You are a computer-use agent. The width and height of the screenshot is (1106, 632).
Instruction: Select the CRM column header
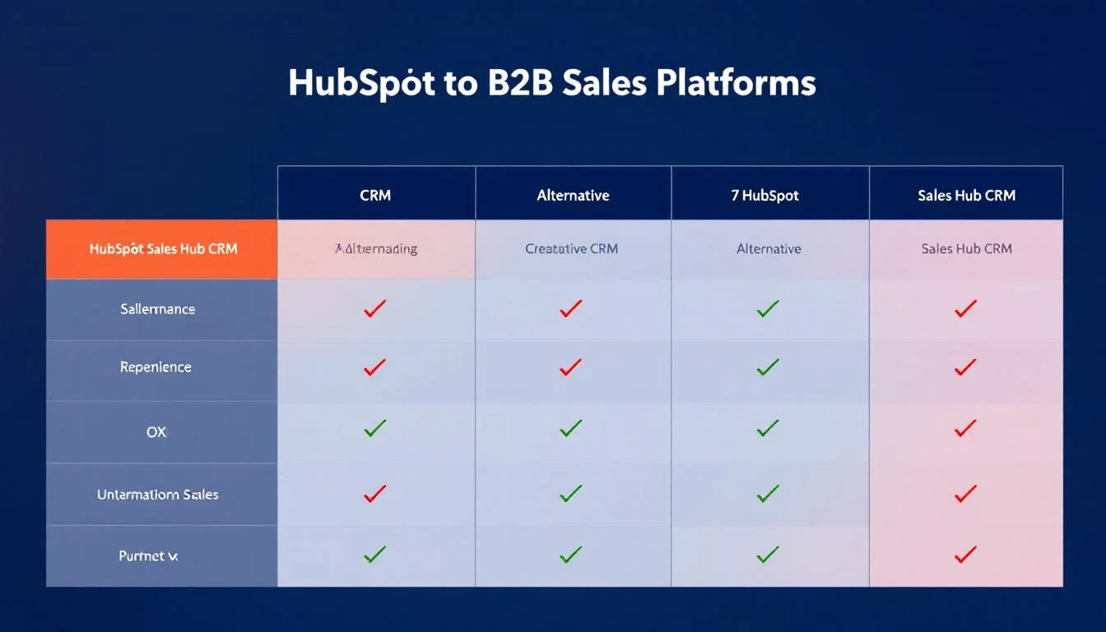375,195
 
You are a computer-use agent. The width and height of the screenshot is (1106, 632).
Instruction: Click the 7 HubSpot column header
764,195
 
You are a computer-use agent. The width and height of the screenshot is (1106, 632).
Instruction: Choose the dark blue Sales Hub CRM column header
966,195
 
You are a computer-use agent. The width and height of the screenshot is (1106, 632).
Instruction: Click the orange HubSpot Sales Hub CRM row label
162,249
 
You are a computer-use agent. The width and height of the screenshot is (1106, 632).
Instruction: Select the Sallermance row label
157,309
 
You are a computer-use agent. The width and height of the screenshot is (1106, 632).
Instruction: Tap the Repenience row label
156,367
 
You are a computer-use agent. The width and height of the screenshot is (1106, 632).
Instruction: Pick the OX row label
156,431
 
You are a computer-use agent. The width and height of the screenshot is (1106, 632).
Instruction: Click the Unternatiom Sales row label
157,495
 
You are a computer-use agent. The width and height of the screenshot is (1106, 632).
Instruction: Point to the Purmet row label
148,556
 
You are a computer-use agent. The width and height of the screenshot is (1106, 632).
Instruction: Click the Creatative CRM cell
571,249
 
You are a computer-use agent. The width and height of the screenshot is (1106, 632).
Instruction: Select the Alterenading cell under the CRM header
376,249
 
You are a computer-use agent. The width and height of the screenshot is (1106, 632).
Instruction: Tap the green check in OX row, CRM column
375,429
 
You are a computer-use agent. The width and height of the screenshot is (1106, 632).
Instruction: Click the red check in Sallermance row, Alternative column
570,309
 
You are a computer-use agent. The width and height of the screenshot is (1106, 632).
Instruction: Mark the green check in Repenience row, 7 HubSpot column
767,367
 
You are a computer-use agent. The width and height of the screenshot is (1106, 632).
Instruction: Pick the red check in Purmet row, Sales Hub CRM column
965,555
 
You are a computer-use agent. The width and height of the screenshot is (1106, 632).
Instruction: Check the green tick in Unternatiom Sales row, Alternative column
570,494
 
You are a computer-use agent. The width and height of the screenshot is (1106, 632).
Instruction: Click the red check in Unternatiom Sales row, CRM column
375,494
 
